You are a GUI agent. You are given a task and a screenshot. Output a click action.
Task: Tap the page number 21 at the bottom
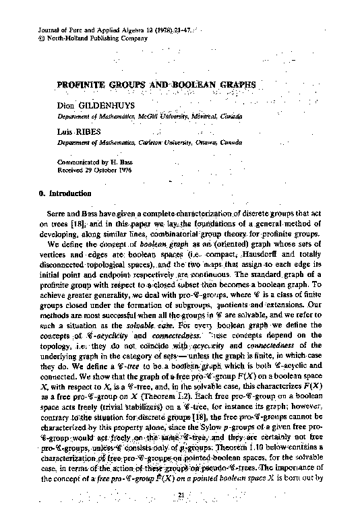(180, 515)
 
